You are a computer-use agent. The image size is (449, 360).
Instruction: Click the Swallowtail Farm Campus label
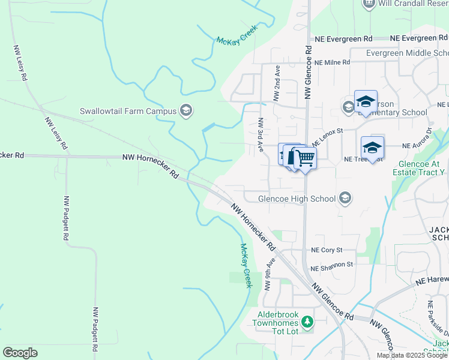(x=128, y=111)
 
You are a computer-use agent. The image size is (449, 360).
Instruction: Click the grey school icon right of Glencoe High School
(x=345, y=197)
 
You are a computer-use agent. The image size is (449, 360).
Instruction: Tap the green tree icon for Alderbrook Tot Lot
(x=308, y=322)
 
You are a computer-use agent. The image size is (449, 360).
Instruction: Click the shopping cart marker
(x=305, y=158)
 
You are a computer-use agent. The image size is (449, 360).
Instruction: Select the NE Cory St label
(x=327, y=250)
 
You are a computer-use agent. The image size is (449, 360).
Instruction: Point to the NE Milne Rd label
(x=332, y=62)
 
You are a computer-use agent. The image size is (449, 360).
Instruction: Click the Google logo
(x=20, y=353)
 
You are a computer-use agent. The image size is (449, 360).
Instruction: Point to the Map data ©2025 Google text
(x=412, y=355)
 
